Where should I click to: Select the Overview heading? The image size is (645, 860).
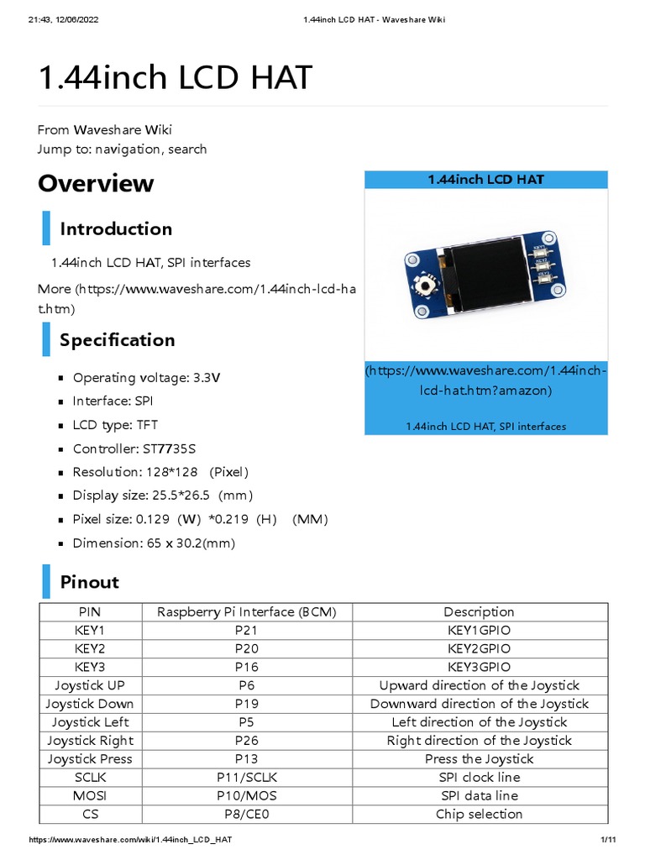tap(96, 183)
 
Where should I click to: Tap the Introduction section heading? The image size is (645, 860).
tap(116, 228)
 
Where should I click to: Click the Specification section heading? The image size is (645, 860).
tap(118, 339)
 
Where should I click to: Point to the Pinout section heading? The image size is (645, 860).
tap(90, 582)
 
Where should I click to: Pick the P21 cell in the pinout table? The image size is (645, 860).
tap(247, 630)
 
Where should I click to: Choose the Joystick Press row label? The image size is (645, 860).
tap(90, 758)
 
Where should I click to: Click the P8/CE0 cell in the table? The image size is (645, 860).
tap(247, 814)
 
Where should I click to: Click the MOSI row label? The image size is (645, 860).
tap(90, 795)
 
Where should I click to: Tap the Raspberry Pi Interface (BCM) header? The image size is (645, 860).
tap(247, 611)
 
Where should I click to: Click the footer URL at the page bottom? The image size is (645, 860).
tap(130, 842)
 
